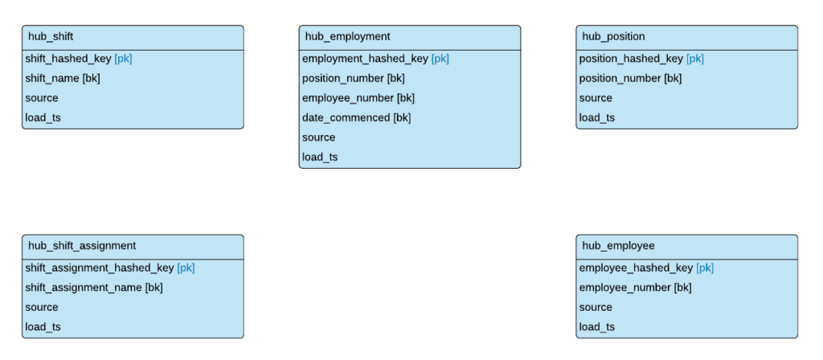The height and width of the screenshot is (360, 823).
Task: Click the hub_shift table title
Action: [51, 37]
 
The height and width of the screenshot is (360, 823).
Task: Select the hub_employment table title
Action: [347, 37]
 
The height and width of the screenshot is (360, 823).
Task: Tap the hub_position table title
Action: [613, 37]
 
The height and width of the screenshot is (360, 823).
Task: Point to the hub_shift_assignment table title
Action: [82, 246]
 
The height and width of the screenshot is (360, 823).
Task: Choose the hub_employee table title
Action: [618, 246]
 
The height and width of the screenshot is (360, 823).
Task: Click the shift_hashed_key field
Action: [68, 59]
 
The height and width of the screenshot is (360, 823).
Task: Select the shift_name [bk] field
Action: [63, 79]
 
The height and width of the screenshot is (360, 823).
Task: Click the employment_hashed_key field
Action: [366, 59]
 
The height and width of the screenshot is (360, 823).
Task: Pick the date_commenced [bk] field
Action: [356, 118]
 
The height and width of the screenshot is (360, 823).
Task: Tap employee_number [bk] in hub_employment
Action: [358, 98]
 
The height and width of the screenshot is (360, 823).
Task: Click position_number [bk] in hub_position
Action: [630, 79]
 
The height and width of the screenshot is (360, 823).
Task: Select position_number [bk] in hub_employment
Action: [353, 79]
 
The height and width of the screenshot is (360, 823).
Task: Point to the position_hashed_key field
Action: [631, 59]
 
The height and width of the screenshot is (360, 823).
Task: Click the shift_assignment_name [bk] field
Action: [94, 288]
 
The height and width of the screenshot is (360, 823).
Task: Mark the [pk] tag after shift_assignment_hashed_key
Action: [186, 268]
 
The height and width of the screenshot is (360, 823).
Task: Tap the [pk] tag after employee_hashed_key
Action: [705, 268]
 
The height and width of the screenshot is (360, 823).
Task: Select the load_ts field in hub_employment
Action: [320, 157]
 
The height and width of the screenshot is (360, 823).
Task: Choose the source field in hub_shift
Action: [42, 98]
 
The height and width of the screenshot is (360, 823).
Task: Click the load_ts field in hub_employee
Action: [597, 327]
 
